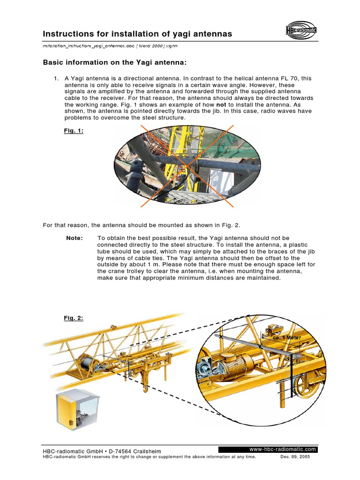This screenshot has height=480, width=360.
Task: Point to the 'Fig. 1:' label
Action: point(74,131)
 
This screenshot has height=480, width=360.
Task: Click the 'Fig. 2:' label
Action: point(74,318)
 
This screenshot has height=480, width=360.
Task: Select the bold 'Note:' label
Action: point(75,238)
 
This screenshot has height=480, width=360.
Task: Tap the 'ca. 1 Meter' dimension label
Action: point(287,337)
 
